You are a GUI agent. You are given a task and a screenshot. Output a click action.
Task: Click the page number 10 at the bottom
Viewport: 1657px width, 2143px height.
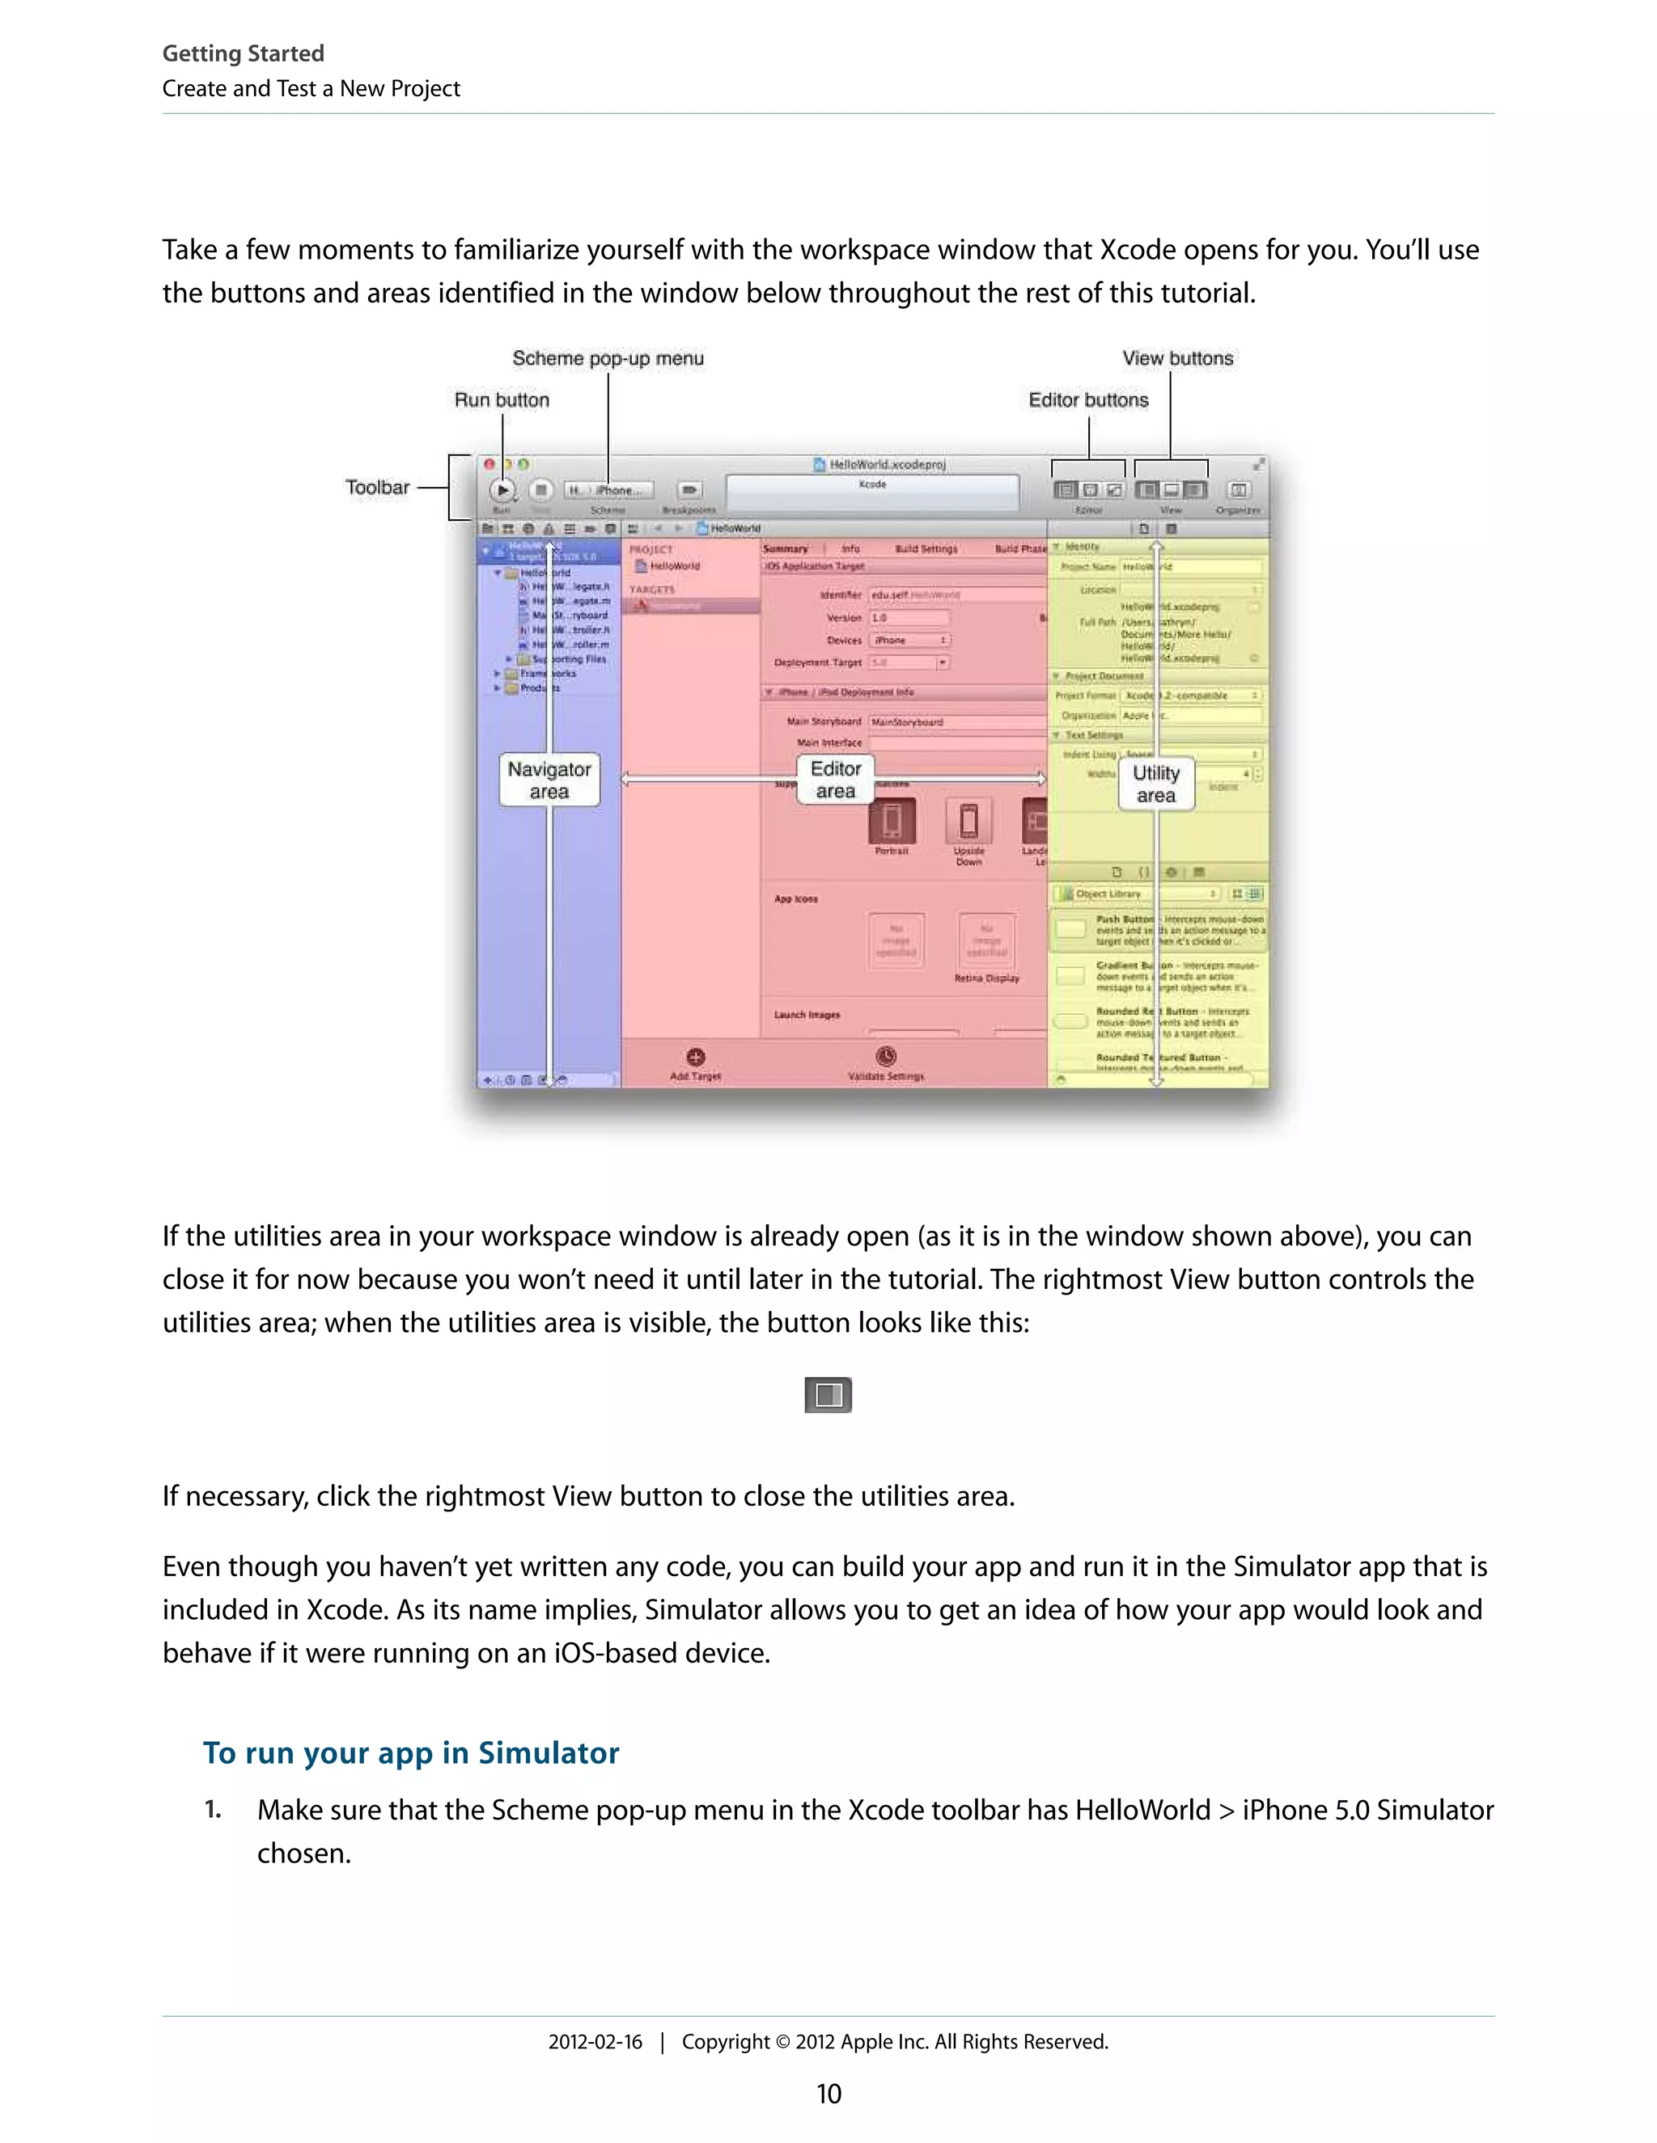point(828,2094)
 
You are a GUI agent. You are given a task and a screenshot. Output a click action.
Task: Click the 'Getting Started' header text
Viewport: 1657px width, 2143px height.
point(243,53)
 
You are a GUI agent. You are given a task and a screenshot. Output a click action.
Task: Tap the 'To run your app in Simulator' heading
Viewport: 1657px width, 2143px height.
point(410,1752)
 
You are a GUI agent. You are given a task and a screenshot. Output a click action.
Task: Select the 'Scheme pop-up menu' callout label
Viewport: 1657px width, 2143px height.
point(608,358)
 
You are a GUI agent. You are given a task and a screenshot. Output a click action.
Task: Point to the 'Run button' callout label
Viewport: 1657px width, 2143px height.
point(502,399)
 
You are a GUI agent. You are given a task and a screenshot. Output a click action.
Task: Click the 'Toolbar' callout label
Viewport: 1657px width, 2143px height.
point(377,487)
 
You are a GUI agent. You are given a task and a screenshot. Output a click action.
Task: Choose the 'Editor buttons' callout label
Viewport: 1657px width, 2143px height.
point(1087,399)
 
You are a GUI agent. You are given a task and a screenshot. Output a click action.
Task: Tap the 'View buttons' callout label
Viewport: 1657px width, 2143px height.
point(1177,358)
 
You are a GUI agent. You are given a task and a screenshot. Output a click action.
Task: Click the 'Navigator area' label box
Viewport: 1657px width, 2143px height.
point(549,780)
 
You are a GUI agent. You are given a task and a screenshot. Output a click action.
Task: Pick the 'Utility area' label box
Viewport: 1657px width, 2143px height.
point(1155,784)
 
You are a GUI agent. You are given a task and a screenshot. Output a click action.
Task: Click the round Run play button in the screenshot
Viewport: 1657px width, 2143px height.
point(502,488)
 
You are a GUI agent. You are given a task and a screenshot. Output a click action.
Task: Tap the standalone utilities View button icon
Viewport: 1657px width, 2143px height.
point(828,1394)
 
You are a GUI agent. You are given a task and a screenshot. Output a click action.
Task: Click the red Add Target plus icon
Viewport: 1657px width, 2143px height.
point(695,1057)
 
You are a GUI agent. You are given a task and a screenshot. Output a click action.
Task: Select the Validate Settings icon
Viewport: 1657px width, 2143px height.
point(885,1056)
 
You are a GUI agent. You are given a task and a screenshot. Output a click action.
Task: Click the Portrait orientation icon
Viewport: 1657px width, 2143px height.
point(892,820)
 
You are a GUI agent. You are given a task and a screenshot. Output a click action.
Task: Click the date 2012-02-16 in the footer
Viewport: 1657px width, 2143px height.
point(595,2042)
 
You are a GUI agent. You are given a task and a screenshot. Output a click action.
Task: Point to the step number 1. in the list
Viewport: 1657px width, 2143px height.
point(212,1809)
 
